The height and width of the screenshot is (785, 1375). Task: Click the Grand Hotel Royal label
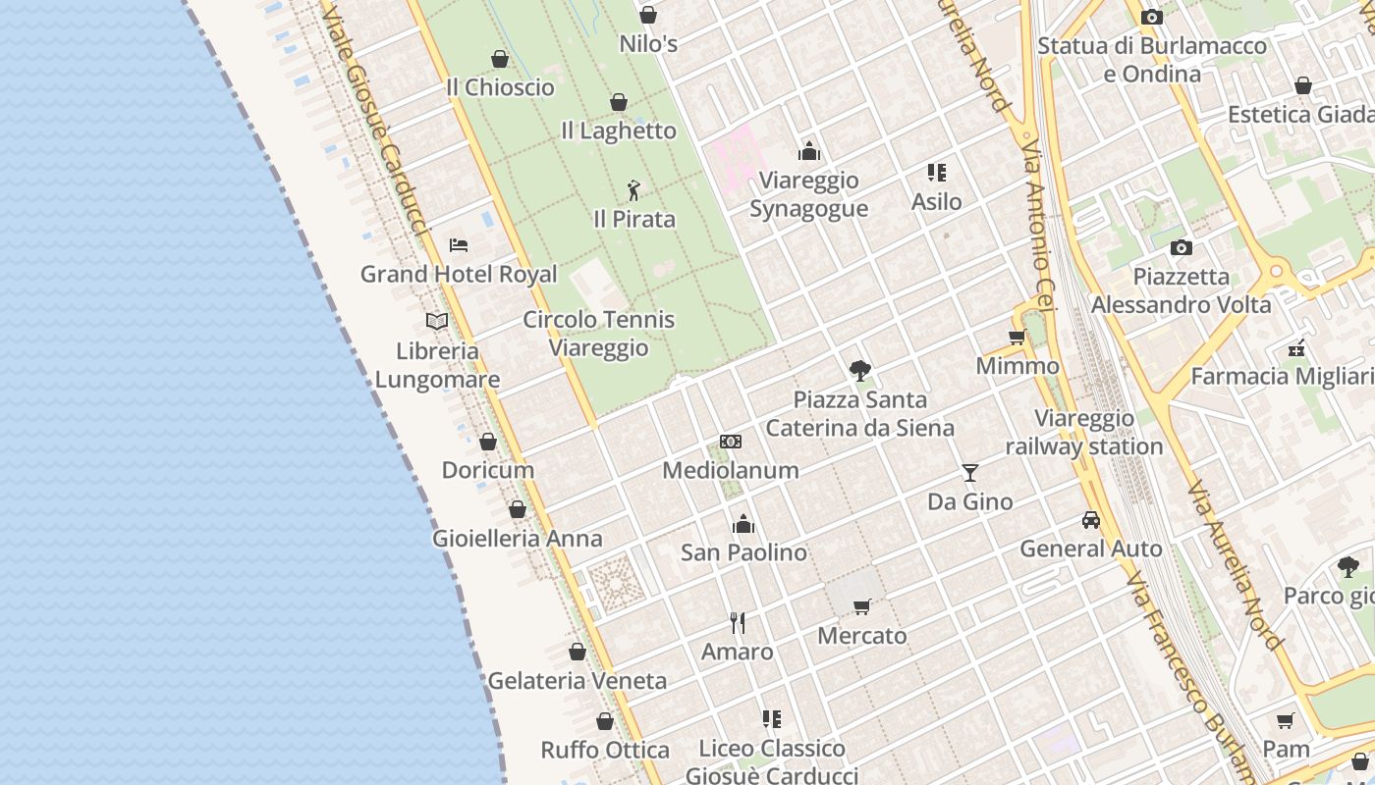(459, 274)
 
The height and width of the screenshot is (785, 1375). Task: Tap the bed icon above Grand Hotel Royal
(459, 245)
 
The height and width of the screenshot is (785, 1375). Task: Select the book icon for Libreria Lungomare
(437, 321)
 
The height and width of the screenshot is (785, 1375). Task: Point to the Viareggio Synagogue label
(808, 194)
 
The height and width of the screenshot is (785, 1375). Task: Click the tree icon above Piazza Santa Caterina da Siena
(860, 370)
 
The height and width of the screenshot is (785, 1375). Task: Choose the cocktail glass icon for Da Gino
(970, 473)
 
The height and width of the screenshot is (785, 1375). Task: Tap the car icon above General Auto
(1091, 520)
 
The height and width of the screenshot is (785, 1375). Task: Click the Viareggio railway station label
(1084, 433)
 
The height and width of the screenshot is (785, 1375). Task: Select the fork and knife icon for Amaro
(738, 623)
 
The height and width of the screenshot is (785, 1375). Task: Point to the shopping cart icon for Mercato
(862, 606)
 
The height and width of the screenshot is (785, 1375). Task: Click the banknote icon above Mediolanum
(731, 442)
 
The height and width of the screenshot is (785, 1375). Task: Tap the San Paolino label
(743, 552)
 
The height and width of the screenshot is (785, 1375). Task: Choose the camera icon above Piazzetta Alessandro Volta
(1182, 247)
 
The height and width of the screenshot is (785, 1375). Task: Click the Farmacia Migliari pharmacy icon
(1296, 347)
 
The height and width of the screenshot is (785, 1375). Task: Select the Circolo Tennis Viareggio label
(598, 334)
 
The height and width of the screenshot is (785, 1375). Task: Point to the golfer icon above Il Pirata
(634, 189)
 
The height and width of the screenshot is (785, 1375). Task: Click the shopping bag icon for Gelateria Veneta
(577, 652)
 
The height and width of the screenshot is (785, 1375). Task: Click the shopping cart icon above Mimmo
(1017, 338)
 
